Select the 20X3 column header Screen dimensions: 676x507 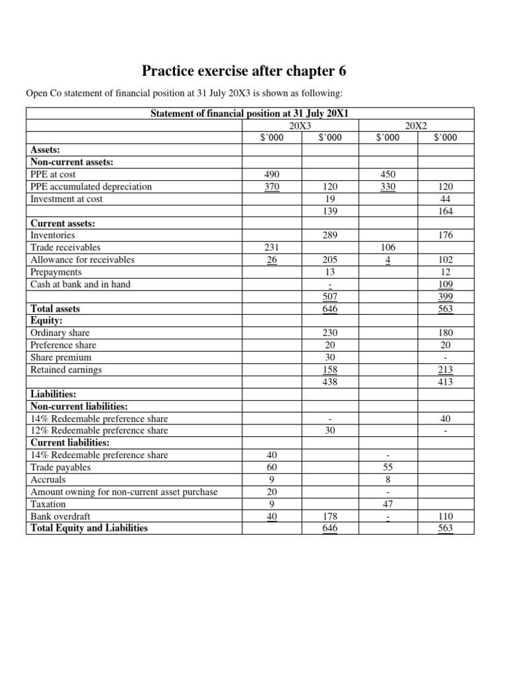click(x=300, y=125)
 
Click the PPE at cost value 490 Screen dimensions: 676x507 click(x=272, y=174)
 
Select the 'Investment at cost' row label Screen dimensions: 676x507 click(x=67, y=199)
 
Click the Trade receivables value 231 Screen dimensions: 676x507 click(x=272, y=248)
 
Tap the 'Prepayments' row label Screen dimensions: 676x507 click(x=56, y=272)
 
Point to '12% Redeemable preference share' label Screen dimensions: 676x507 click(x=99, y=430)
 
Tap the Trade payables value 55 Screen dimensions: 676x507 click(x=388, y=467)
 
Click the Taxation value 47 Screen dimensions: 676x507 click(x=388, y=504)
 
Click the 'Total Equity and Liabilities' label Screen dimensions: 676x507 click(x=89, y=528)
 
